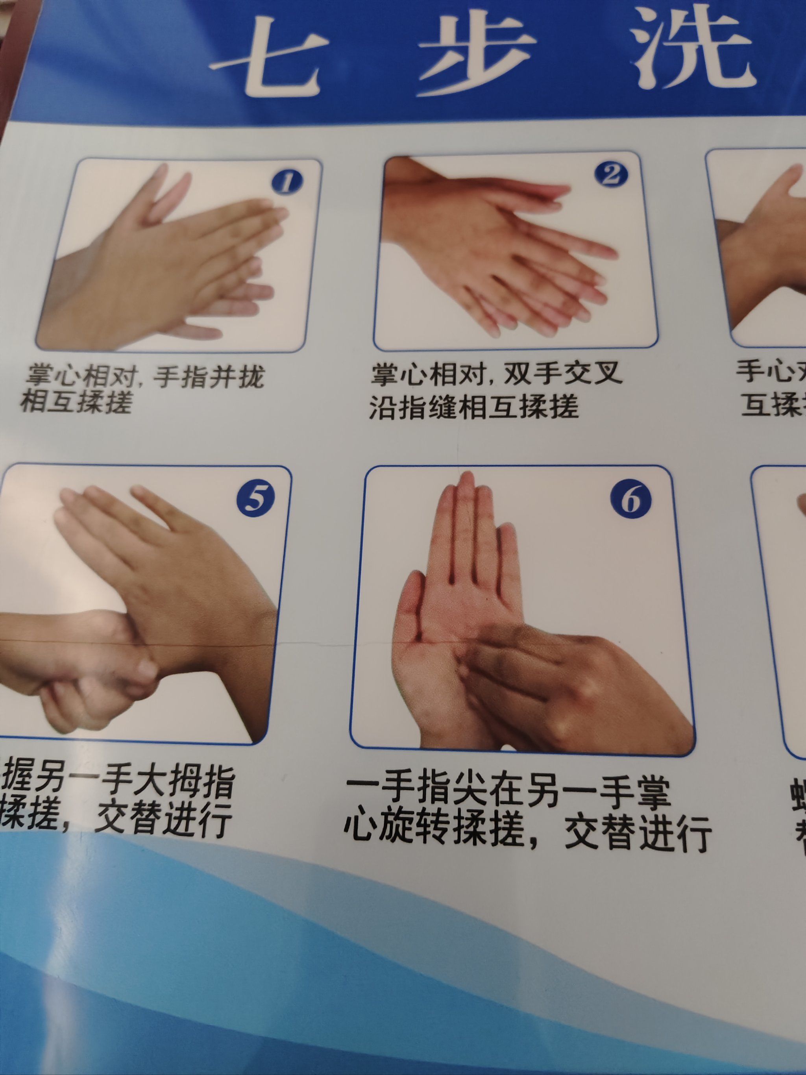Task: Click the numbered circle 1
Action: tap(286, 182)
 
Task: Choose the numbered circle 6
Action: tap(630, 501)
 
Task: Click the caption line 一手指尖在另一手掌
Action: tap(508, 796)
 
